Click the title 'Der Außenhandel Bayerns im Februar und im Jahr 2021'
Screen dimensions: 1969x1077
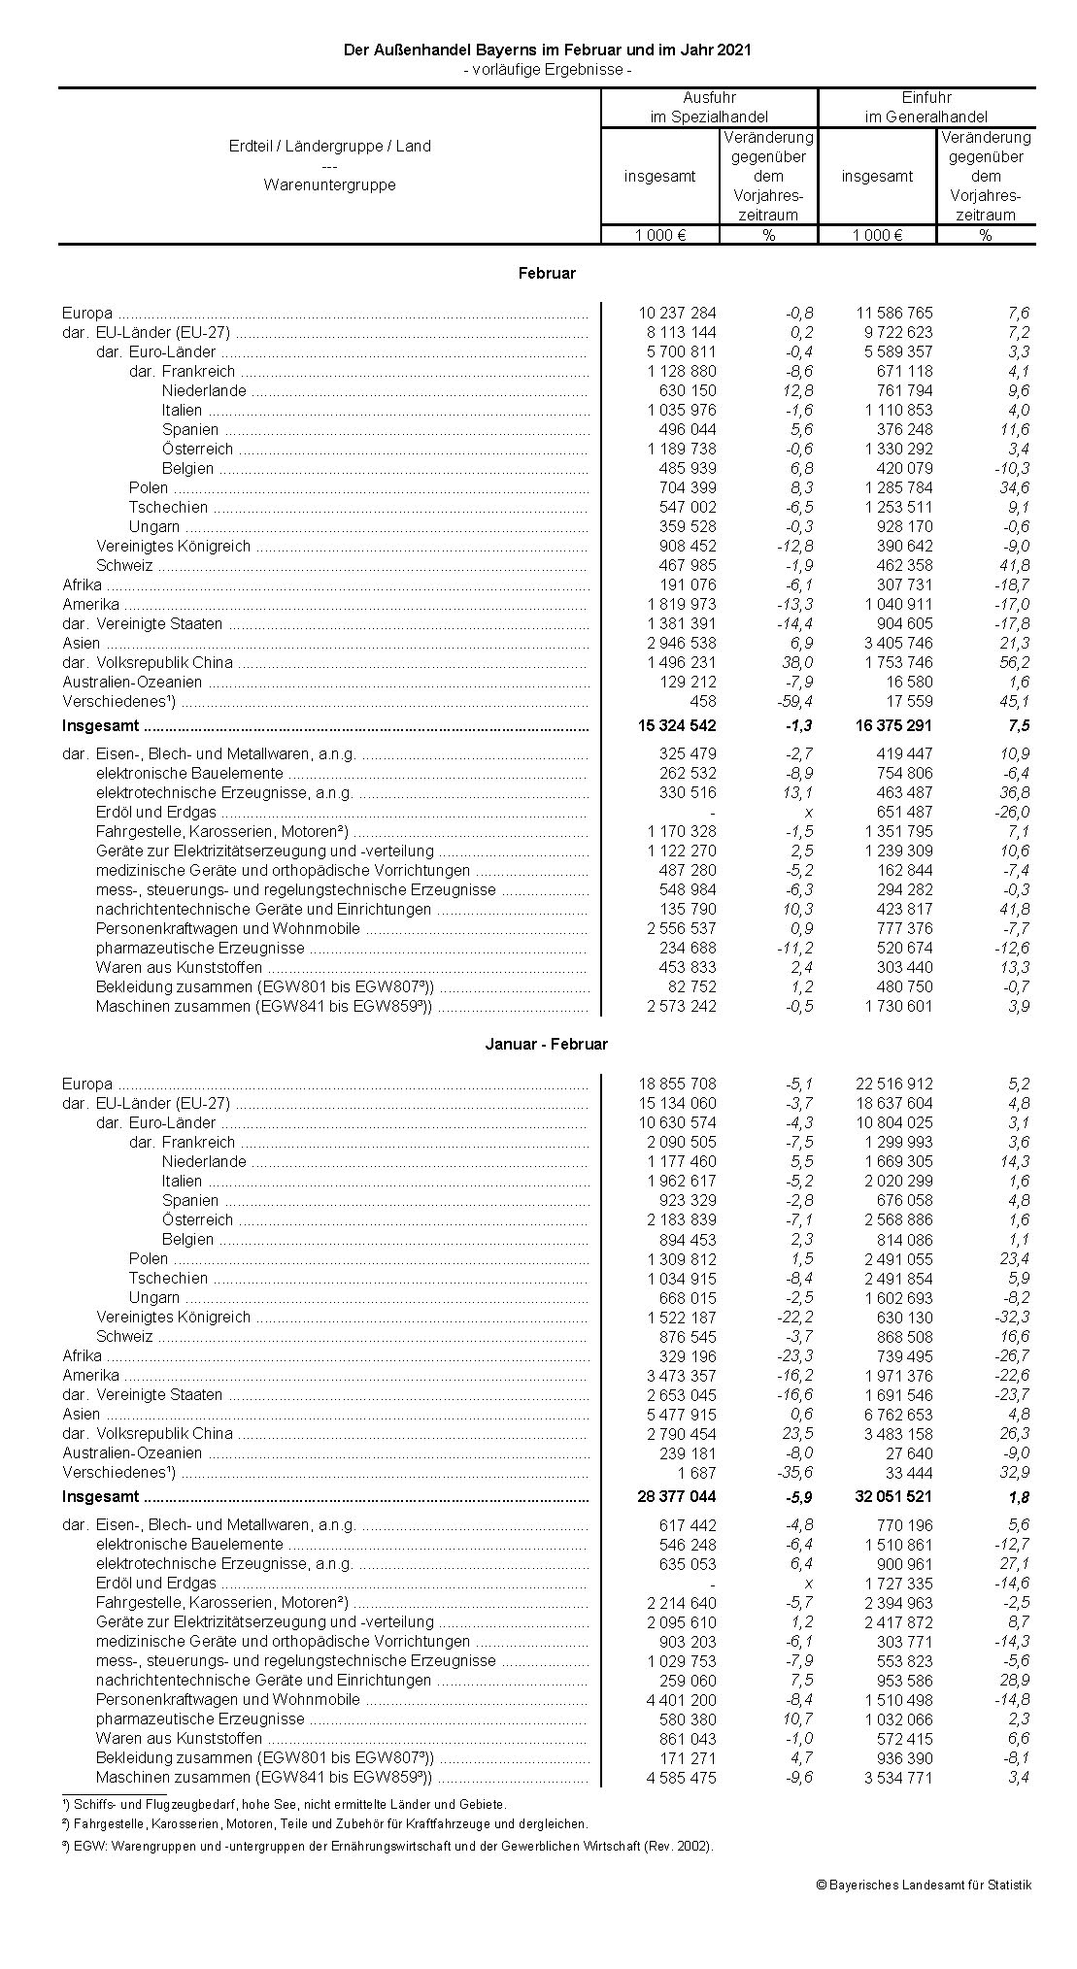548,50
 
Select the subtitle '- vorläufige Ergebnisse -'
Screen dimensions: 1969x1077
548,70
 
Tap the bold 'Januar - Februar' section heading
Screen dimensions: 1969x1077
547,1045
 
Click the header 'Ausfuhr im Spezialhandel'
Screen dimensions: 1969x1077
709,107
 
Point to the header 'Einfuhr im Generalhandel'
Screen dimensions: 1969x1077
926,107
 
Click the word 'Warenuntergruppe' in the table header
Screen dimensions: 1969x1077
329,184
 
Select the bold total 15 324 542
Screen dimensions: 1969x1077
677,726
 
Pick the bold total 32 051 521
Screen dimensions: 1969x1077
893,1497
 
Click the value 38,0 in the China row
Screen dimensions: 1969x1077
793,663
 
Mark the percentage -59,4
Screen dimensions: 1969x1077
793,702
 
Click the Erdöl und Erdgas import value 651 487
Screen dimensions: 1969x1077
903,813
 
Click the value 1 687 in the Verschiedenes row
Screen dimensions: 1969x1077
696,1473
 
